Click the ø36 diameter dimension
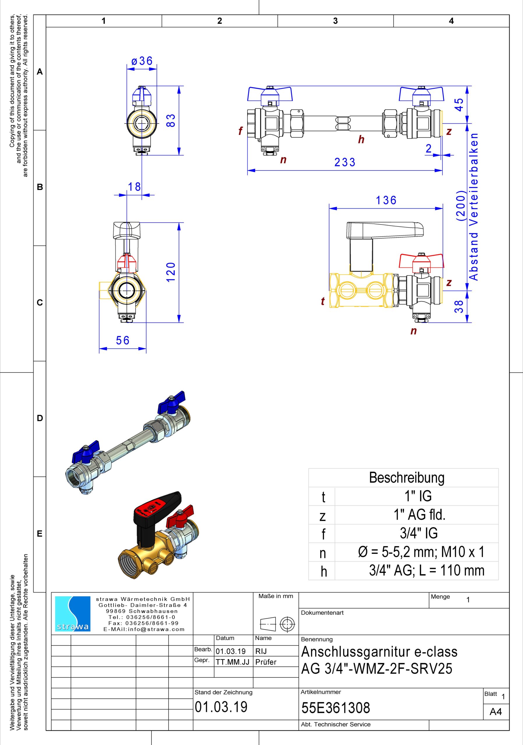click(x=142, y=61)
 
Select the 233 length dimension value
click(x=345, y=162)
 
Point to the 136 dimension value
click(x=386, y=200)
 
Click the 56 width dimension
click(x=122, y=340)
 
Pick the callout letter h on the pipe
click(x=361, y=140)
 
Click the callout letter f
click(x=240, y=131)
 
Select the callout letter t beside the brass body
click(x=323, y=301)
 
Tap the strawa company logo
click(x=73, y=613)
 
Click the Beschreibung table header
click(x=406, y=478)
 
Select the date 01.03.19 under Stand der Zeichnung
click(x=221, y=706)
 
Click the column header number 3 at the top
click(x=335, y=21)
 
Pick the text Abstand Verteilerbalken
click(x=474, y=206)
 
